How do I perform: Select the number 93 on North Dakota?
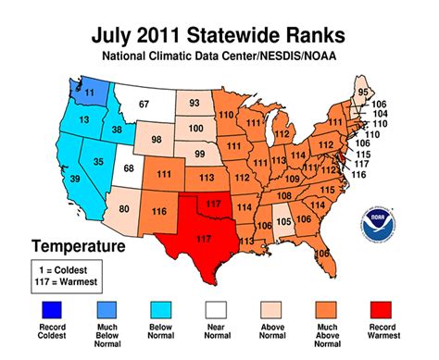tap(195, 104)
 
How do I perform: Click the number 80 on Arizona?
tap(123, 208)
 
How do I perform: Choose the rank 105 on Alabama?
tap(284, 222)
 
